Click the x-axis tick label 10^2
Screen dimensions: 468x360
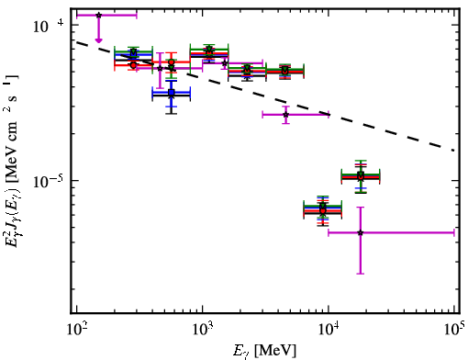click(76, 331)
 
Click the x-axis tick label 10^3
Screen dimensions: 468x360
click(202, 331)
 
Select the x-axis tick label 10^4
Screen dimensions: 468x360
click(329, 331)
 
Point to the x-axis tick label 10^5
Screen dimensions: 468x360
click(455, 330)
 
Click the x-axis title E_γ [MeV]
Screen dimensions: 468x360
click(264, 351)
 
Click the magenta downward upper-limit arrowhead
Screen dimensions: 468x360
click(98, 40)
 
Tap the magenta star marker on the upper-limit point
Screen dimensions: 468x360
click(98, 15)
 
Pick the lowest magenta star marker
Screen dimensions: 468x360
click(361, 232)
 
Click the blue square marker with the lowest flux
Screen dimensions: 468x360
click(172, 92)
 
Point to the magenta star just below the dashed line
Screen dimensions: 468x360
click(285, 115)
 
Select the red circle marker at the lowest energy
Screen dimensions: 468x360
click(133, 65)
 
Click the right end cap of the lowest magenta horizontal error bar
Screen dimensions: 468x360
click(454, 232)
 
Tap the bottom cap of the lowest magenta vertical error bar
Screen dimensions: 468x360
click(361, 274)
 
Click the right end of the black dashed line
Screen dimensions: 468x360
click(453, 151)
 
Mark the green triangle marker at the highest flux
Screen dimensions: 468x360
click(209, 49)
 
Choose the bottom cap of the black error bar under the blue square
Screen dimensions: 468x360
click(172, 114)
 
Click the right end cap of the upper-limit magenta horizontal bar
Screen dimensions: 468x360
click(137, 15)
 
